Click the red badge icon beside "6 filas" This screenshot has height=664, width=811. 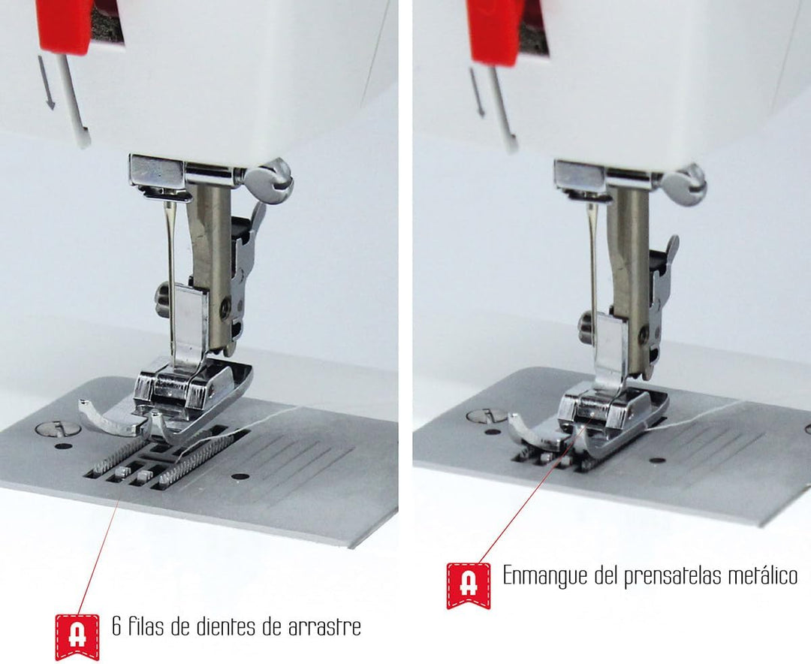77,636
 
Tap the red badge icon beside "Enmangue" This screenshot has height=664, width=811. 469,586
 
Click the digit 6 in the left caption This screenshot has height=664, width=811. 117,626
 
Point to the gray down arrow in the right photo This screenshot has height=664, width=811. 478,92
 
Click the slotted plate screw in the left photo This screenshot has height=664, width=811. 59,429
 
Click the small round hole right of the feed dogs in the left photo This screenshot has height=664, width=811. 240,476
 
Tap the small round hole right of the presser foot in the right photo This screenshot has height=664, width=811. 657,460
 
